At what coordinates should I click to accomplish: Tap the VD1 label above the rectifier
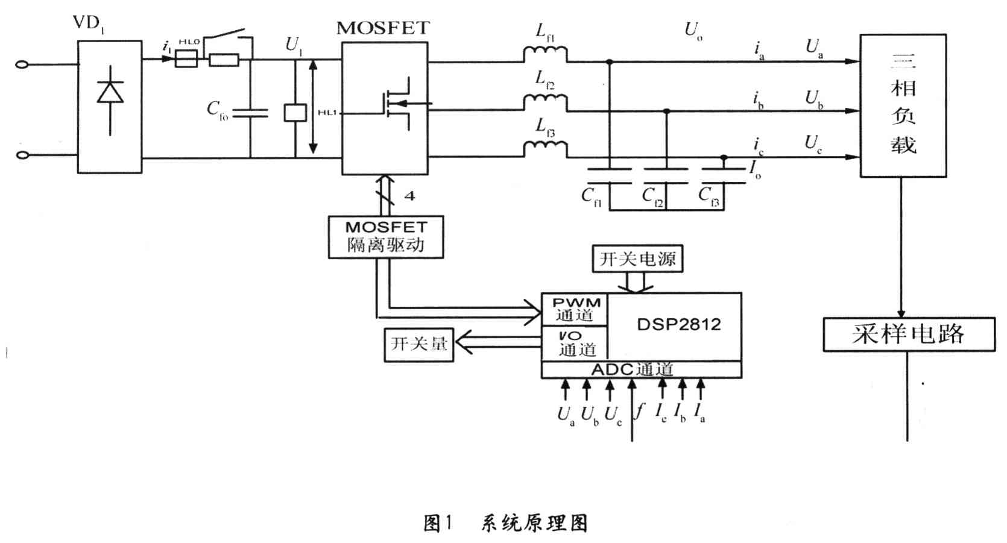coord(88,24)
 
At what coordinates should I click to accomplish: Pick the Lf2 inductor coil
coord(545,102)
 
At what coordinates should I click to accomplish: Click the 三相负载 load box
coord(903,105)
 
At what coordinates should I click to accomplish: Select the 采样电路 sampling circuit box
coord(908,334)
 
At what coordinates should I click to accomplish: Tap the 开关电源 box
coord(637,259)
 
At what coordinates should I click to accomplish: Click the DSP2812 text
coord(678,325)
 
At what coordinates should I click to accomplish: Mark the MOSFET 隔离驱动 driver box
coord(386,237)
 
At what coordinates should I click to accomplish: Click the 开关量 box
coord(419,344)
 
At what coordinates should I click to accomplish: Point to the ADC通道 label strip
coord(641,369)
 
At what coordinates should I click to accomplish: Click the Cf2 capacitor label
coord(652,196)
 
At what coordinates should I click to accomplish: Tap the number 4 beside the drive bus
coord(409,196)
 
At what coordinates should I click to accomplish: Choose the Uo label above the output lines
coord(693,30)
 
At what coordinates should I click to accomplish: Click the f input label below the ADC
coord(640,411)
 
